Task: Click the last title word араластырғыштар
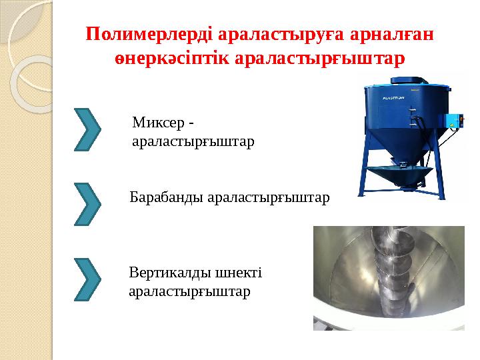[321, 58]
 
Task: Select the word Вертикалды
[169, 273]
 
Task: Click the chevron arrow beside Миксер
[88, 128]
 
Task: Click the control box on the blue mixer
[454, 123]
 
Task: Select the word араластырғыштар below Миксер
[193, 142]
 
